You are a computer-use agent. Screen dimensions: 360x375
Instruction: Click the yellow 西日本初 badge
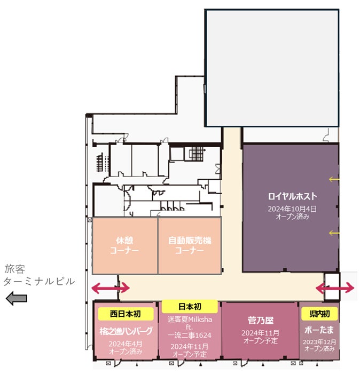(126, 314)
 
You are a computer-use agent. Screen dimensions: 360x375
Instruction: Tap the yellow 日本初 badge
(190, 307)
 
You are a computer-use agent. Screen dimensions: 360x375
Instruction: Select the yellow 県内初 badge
(319, 314)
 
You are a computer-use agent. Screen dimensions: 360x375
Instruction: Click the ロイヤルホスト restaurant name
(292, 196)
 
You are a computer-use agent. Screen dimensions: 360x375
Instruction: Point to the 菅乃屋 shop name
(260, 321)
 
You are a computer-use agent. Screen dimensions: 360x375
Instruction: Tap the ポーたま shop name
(319, 330)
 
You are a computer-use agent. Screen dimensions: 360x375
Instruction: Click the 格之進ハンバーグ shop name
(126, 331)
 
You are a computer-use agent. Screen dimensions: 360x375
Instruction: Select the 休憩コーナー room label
(124, 245)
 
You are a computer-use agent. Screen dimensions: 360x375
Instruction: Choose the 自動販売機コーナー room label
(190, 245)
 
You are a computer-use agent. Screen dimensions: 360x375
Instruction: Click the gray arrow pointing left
(16, 299)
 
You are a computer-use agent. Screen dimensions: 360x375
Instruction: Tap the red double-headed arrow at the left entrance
(111, 288)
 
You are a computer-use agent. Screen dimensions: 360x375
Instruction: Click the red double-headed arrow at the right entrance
(335, 288)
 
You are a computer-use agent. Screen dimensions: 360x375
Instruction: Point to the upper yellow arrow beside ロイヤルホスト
(334, 179)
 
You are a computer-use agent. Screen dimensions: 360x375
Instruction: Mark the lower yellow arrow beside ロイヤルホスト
(334, 233)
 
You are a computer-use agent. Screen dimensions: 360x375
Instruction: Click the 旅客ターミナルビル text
(39, 275)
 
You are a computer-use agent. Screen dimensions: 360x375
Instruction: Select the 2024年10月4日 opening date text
(292, 209)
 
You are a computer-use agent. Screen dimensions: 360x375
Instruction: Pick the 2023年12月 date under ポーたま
(319, 342)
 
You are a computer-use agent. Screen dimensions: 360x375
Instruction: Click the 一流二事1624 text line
(190, 336)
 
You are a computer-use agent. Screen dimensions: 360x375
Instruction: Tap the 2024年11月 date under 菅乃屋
(260, 333)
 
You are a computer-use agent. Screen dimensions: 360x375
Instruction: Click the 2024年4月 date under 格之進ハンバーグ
(126, 344)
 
